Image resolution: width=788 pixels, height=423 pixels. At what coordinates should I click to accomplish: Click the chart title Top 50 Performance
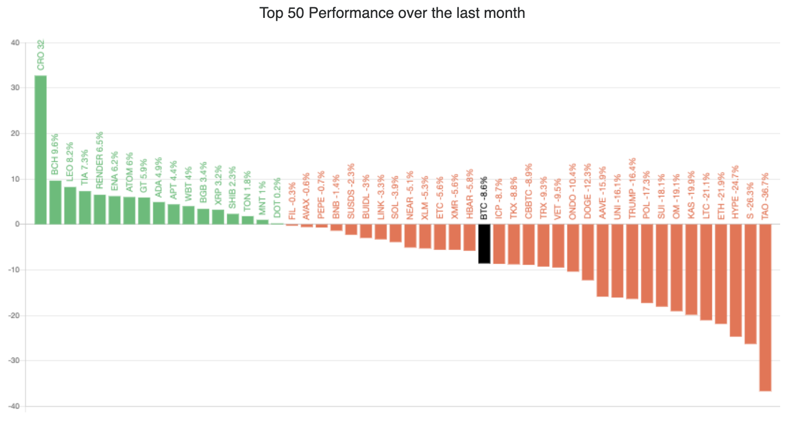(392, 13)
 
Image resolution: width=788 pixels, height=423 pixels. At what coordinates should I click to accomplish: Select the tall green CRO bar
(40, 149)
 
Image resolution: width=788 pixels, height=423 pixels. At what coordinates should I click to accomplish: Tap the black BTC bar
(485, 243)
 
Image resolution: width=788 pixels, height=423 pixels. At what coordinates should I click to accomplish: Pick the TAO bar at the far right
(765, 307)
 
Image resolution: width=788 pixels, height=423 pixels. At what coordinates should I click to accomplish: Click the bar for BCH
(55, 202)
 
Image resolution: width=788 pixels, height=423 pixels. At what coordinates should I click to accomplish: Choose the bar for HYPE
(735, 280)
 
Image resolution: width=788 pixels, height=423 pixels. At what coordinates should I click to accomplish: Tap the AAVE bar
(602, 260)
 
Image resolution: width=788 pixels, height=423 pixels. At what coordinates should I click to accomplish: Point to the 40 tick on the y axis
(15, 43)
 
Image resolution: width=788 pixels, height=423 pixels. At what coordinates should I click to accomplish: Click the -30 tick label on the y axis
(13, 361)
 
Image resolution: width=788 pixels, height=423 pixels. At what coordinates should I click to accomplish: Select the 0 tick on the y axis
(17, 224)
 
